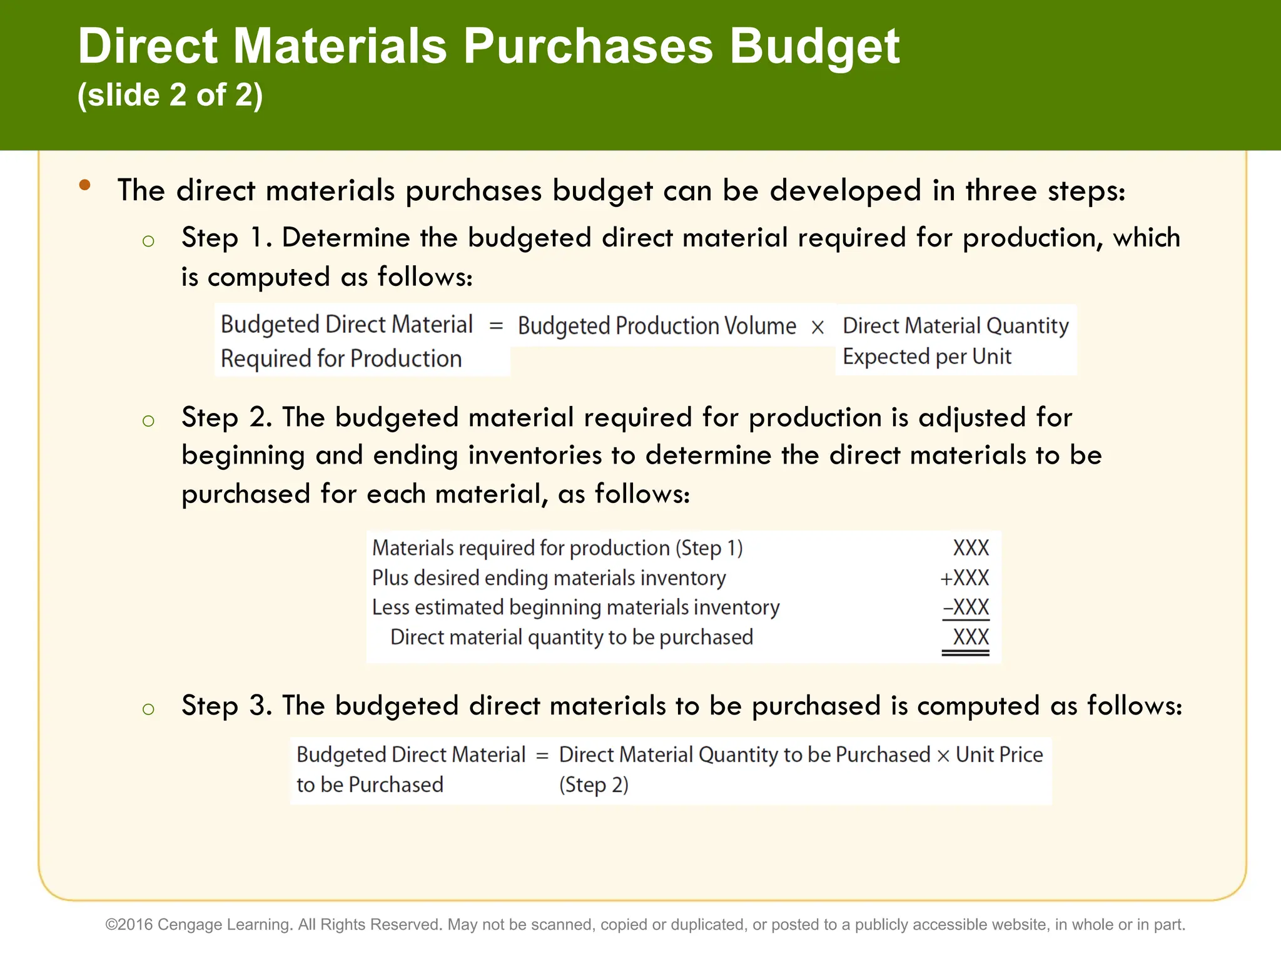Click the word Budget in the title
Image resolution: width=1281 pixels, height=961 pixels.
[x=814, y=47]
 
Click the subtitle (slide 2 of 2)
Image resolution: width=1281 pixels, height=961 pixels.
[x=170, y=95]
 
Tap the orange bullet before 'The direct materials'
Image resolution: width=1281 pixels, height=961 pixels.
[x=85, y=185]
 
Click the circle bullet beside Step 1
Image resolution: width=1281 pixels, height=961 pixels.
[x=148, y=242]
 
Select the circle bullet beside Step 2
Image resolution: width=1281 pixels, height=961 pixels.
[x=148, y=420]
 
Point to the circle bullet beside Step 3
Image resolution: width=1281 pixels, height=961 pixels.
[x=148, y=709]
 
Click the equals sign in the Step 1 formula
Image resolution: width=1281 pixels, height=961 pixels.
[x=496, y=325]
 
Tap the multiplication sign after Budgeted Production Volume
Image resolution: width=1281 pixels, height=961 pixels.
[x=818, y=327]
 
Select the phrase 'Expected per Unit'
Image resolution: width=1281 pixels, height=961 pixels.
[x=926, y=357]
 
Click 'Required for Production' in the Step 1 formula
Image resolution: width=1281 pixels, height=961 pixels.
[x=341, y=358]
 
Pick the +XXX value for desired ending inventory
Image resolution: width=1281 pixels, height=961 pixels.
[x=965, y=577]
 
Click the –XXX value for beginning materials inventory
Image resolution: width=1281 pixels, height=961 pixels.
[x=966, y=607]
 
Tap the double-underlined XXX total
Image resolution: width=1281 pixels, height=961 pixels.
[x=970, y=638]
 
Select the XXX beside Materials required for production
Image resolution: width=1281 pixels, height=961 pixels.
[x=970, y=548]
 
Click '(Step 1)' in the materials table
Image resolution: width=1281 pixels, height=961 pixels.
[x=709, y=548]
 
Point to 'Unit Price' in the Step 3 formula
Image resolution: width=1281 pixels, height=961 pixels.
[x=999, y=755]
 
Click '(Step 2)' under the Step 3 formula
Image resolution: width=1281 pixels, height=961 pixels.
[x=594, y=785]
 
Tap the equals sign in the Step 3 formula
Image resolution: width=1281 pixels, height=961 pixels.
[x=542, y=756]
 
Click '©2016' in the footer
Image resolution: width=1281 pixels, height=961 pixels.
[x=129, y=925]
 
